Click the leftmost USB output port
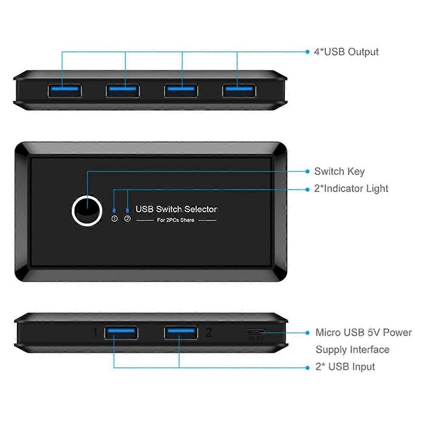point(64,90)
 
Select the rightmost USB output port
point(239,90)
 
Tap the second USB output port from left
point(123,90)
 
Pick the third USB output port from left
point(181,90)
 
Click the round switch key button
point(87,211)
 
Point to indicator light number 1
point(114,211)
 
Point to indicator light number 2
point(127,211)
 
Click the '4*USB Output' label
point(346,52)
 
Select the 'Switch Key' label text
point(339,172)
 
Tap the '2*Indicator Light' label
point(351,189)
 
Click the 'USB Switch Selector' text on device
point(176,209)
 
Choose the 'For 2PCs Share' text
point(175,220)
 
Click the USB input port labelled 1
point(121,333)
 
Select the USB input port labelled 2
point(181,333)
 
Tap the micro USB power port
point(256,331)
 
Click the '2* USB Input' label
point(345,367)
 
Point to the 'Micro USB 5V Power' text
point(363,333)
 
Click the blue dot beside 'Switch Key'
point(307,172)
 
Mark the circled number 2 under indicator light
point(127,219)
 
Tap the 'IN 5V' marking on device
point(256,339)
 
